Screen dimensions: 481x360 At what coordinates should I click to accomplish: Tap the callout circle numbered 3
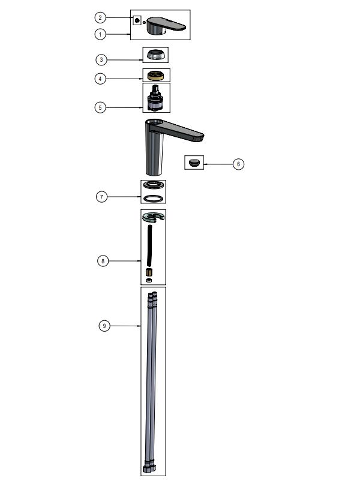102,59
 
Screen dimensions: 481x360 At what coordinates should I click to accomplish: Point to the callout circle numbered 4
102,78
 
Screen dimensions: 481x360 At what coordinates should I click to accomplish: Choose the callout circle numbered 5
102,107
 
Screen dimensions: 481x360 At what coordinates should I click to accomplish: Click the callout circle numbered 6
238,164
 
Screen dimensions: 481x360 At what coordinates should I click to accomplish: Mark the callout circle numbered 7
102,196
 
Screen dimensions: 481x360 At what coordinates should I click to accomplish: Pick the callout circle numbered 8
103,260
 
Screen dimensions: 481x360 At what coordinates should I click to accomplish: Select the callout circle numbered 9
104,326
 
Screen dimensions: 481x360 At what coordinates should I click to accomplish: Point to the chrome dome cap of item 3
155,55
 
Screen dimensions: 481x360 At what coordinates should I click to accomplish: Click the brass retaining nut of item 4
155,76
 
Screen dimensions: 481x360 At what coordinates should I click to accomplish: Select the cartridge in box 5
155,99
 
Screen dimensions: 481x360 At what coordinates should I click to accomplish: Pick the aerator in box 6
194,163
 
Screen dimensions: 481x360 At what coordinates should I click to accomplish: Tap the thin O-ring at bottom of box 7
154,198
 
